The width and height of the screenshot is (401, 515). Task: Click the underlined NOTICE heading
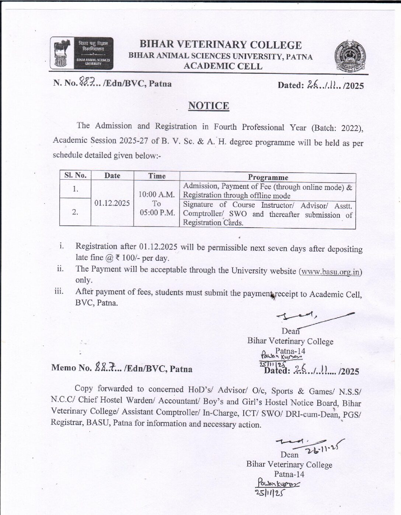point(209,106)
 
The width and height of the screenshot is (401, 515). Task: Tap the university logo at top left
point(82,53)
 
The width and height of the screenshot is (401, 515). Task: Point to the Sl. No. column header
point(75,176)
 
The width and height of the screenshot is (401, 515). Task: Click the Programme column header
point(268,177)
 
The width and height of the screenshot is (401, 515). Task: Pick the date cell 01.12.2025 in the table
point(112,203)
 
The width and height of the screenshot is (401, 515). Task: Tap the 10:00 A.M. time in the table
point(157,194)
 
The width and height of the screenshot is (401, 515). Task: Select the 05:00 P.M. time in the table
point(157,213)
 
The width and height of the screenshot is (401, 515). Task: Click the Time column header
point(157,176)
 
